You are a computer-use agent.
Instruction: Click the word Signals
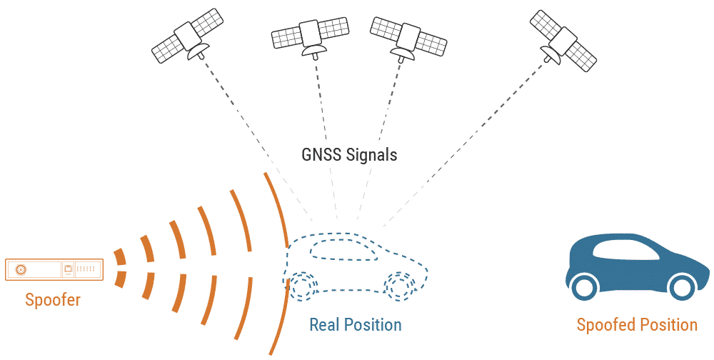(x=371, y=154)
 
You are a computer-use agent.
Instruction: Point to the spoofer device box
(x=54, y=269)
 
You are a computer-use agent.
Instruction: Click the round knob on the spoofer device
(x=21, y=269)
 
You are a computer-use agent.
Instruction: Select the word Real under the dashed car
(x=326, y=325)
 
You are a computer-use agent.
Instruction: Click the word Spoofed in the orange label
(x=605, y=325)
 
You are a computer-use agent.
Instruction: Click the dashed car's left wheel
(x=303, y=286)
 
